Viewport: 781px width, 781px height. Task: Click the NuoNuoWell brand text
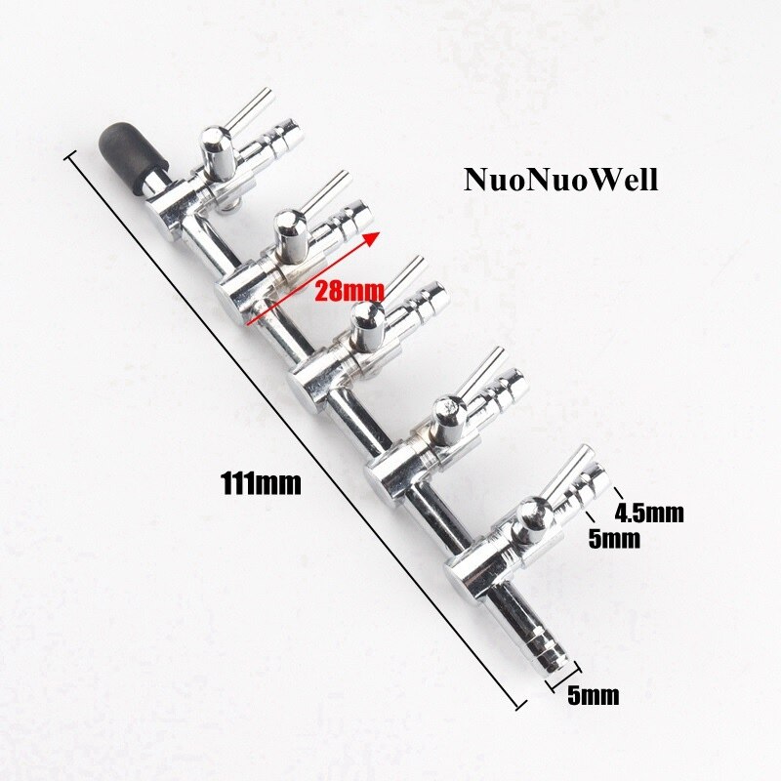[560, 180]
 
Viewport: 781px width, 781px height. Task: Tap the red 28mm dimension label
[349, 291]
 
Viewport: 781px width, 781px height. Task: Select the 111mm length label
[261, 482]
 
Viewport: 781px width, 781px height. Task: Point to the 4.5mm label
[648, 513]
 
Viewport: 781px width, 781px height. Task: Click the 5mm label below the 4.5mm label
[614, 539]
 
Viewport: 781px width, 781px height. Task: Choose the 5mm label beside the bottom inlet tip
[594, 695]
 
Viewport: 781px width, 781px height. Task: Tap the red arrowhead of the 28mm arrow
[371, 239]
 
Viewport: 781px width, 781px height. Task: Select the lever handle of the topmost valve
[249, 113]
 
